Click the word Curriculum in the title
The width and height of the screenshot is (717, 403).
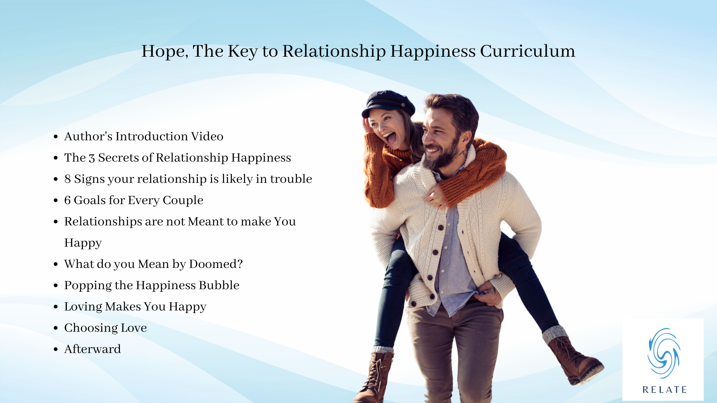coord(527,51)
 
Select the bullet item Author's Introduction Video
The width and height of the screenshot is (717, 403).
coord(144,137)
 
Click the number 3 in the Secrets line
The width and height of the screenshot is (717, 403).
coord(92,158)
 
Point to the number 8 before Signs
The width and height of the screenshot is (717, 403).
coord(68,179)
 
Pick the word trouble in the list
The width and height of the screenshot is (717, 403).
coord(291,179)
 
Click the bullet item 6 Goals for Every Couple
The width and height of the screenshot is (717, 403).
coord(134,200)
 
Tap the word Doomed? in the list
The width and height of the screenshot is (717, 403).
coord(216,264)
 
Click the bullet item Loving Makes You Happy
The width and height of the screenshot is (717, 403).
coord(135,307)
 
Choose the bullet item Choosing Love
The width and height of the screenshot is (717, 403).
coord(105,328)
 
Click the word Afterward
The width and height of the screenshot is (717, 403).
coord(93,349)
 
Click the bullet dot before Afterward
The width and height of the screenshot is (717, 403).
coord(56,350)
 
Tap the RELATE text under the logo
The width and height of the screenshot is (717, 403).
coord(665,390)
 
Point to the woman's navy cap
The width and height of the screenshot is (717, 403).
coord(388,103)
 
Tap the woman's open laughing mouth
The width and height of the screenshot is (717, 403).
coord(391,138)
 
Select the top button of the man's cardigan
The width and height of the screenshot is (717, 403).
coord(441,228)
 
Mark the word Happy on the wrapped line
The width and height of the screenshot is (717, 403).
coord(83,243)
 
